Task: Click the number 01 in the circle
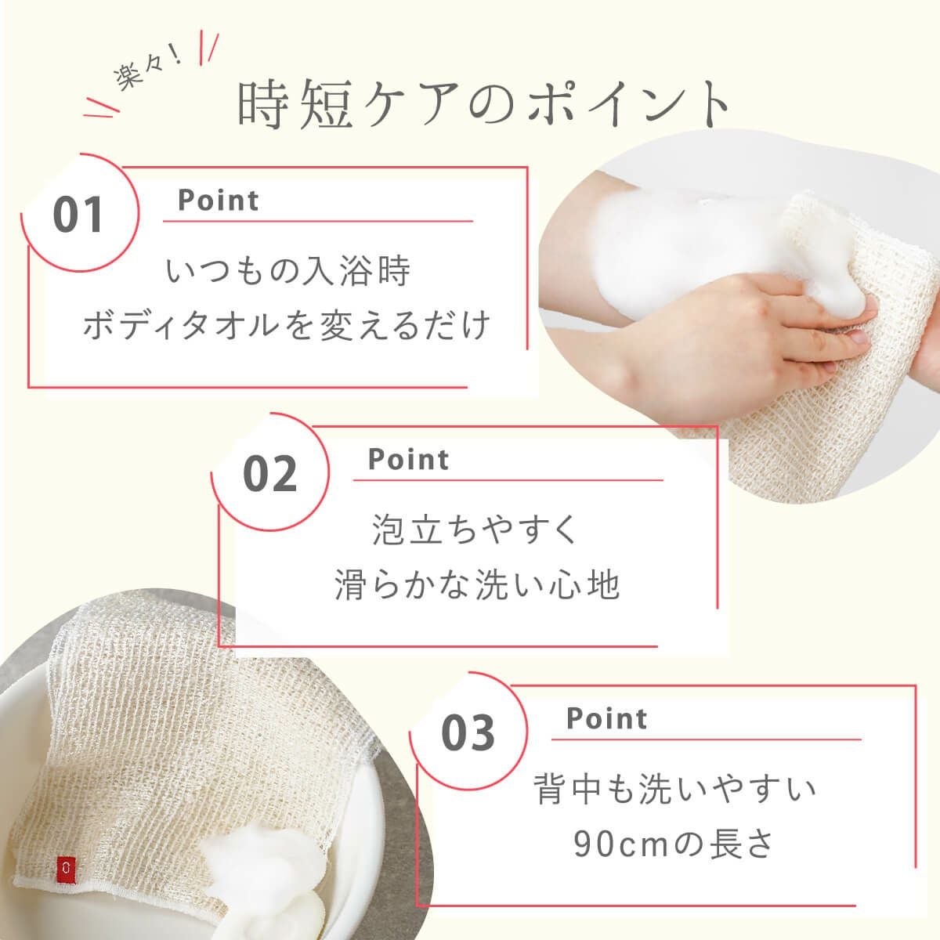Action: click(78, 215)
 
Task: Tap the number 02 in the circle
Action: click(270, 473)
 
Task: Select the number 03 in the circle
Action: click(468, 732)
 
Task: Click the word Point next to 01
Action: click(218, 201)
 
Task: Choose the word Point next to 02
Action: click(408, 459)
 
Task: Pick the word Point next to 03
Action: click(606, 718)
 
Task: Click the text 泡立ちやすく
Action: click(476, 530)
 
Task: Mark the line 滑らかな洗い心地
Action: click(477, 584)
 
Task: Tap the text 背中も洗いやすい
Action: click(674, 789)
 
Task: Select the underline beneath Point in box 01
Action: click(317, 222)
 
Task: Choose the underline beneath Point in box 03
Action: click(705, 739)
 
